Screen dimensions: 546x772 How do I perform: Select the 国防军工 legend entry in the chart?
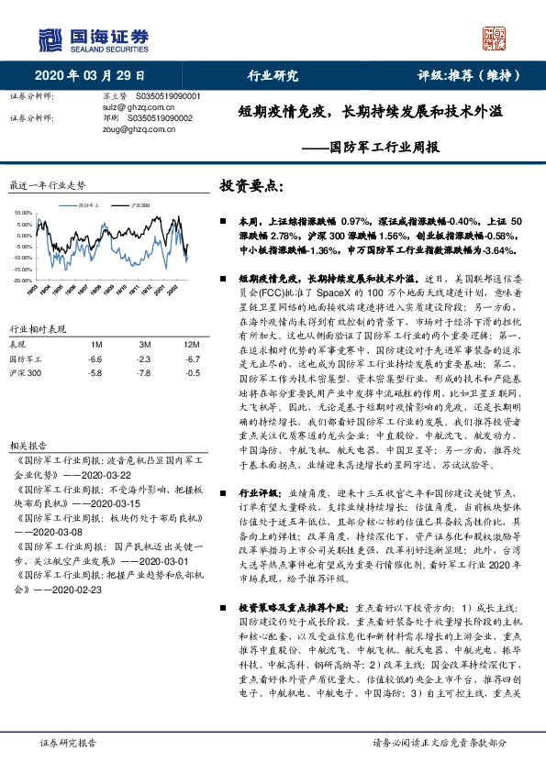click(90, 205)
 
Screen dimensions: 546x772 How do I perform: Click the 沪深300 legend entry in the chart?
click(139, 205)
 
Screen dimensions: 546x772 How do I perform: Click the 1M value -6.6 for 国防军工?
click(95, 358)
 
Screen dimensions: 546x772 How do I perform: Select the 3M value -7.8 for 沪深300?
click(144, 373)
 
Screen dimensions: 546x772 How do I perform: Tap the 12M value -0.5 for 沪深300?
click(192, 373)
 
